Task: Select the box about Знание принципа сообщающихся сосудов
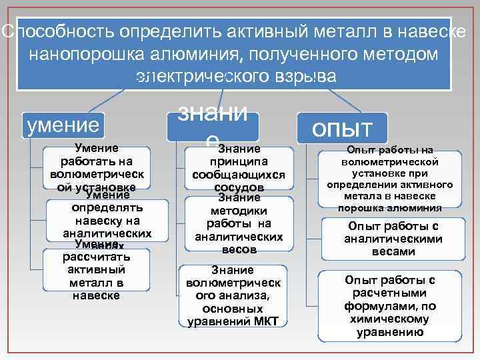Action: (x=239, y=168)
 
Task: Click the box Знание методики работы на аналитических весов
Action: (x=239, y=223)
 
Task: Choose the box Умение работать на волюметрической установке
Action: (x=97, y=167)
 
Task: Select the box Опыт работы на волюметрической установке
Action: (x=390, y=178)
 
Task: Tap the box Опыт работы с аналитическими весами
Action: (x=390, y=238)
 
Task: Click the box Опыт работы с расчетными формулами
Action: (x=390, y=305)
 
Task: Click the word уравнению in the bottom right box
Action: (x=390, y=331)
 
